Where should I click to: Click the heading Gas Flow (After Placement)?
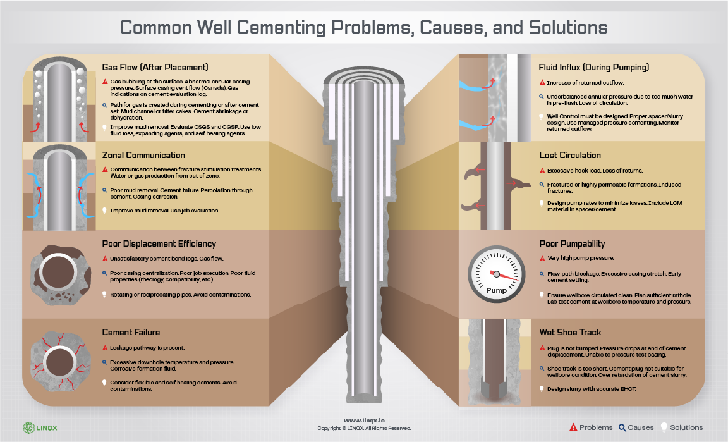(155, 67)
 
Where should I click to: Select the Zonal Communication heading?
(143, 155)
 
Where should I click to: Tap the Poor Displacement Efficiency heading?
(159, 243)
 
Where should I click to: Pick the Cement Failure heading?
(131, 332)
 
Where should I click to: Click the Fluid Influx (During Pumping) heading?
(594, 67)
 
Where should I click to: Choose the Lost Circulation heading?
(570, 155)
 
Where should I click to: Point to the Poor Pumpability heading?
(572, 243)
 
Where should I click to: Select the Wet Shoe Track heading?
(570, 332)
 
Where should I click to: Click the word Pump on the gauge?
(496, 290)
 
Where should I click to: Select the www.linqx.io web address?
(363, 421)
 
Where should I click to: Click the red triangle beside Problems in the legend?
(573, 427)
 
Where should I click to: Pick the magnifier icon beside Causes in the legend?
(622, 427)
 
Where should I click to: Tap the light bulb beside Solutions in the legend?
(664, 427)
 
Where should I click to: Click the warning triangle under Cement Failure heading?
(105, 348)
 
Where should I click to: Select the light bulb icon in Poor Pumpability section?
(542, 295)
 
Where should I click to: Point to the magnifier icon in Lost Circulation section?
(542, 185)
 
